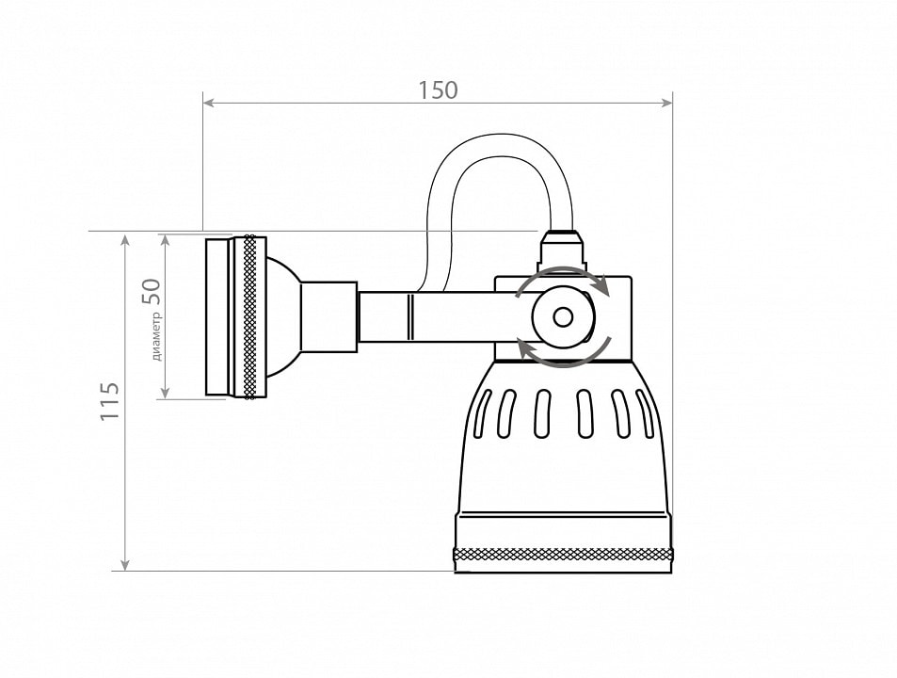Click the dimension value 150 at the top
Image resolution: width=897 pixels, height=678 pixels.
click(438, 90)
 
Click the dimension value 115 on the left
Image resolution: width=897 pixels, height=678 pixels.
click(110, 401)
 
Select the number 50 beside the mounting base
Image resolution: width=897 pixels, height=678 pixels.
click(152, 291)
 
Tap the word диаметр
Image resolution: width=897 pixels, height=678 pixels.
click(157, 336)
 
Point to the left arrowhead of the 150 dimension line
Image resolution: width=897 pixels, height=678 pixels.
click(209, 103)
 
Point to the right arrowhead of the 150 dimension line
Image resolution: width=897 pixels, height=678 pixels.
click(666, 103)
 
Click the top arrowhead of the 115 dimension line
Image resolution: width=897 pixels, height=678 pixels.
click(125, 239)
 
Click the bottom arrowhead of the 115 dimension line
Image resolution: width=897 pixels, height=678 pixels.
click(125, 564)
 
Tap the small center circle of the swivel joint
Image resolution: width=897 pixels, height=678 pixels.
click(564, 317)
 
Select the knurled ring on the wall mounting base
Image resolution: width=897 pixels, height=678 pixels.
click(250, 317)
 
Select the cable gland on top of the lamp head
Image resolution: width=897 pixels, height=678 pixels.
click(564, 249)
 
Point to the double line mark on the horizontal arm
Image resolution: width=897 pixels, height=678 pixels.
click(410, 317)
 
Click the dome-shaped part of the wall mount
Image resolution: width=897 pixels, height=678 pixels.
click(283, 317)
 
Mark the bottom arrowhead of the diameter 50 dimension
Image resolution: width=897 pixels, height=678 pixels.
click(165, 393)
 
